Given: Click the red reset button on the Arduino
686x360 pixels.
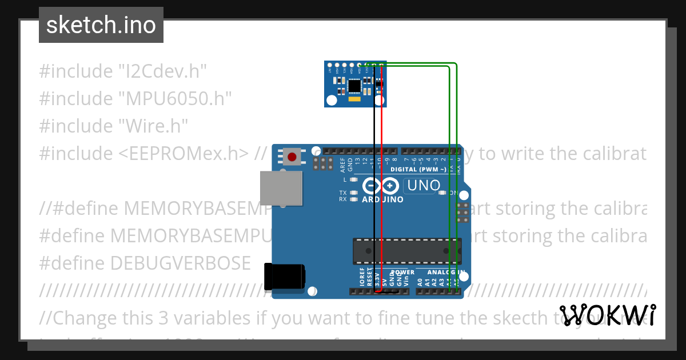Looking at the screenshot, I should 293,156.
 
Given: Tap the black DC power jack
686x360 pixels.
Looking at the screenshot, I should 284,276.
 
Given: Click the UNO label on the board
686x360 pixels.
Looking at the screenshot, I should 423,186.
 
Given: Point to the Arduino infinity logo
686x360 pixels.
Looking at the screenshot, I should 381,186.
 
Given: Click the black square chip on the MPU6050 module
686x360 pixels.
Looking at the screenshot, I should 354,86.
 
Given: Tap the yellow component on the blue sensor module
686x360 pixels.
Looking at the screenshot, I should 354,100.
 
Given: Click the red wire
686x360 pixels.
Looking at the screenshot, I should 381,171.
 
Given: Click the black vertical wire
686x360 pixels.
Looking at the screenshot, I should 374,171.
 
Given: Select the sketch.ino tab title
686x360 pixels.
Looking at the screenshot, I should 101,25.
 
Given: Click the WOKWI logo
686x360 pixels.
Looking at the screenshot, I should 607,315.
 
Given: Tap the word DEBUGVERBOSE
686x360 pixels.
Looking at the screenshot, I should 180,263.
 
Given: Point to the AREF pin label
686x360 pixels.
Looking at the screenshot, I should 343,165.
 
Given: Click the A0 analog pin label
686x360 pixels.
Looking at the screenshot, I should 420,282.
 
